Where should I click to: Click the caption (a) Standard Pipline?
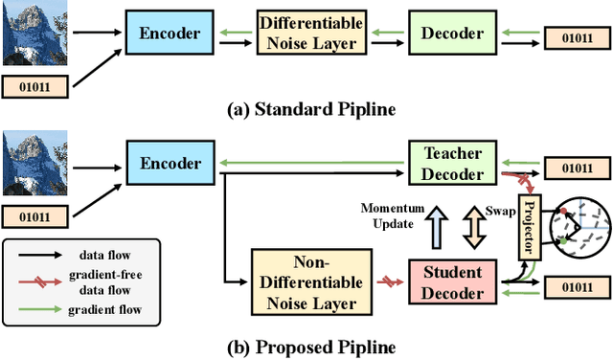(x=304, y=108)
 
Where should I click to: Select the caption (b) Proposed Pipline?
(x=304, y=346)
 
